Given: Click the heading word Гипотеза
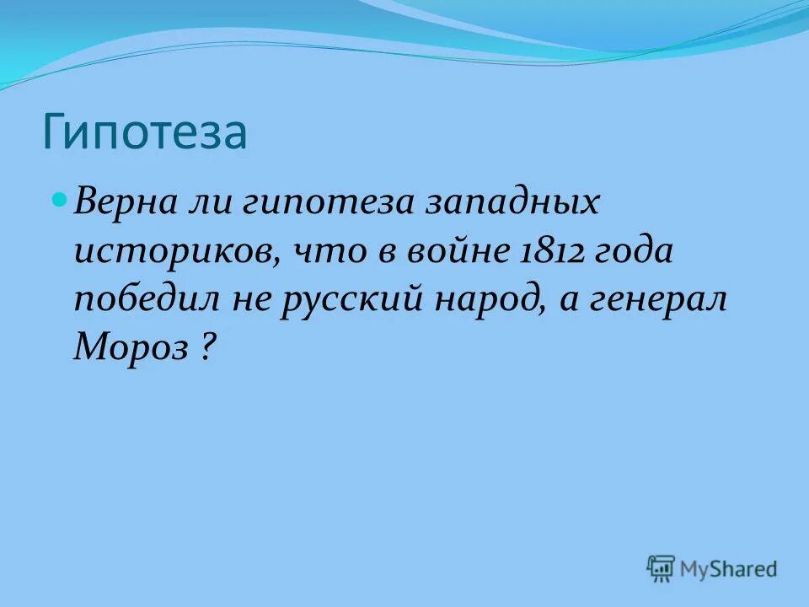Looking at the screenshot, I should click(144, 132).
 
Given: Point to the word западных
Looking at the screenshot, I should click(514, 205).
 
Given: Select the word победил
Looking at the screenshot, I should click(150, 299).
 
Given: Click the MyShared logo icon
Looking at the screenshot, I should click(662, 569).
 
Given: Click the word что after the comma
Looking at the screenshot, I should click(326, 251).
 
